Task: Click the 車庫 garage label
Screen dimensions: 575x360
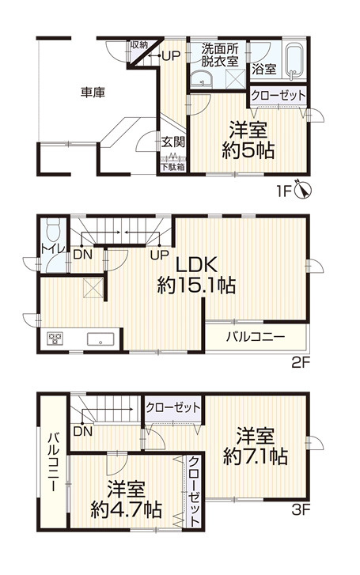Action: (x=93, y=92)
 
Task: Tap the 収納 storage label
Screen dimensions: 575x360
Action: (x=139, y=46)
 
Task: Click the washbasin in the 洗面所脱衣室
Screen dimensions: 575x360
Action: (x=200, y=78)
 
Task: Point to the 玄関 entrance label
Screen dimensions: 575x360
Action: (x=173, y=143)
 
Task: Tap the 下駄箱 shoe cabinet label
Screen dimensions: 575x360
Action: (x=173, y=167)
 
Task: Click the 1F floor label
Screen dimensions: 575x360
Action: (x=283, y=190)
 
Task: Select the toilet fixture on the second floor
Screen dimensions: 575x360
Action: (x=52, y=230)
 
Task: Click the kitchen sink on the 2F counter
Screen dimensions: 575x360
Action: (x=102, y=340)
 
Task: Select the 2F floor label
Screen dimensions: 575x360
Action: (x=299, y=363)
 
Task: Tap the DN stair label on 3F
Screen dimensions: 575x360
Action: (x=81, y=432)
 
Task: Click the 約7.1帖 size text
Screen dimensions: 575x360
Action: (x=255, y=456)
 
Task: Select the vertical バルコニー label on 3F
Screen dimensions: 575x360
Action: (x=53, y=462)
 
